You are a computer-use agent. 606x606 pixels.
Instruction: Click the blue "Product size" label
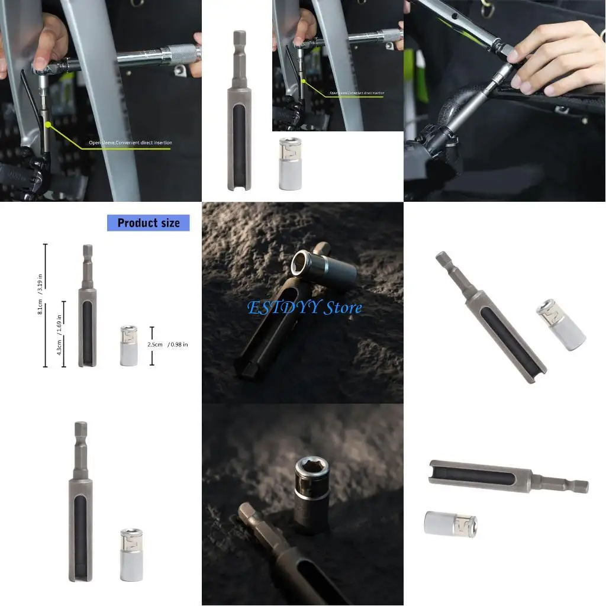pos(148,223)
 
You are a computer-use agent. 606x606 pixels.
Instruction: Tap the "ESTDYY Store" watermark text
pos(304,307)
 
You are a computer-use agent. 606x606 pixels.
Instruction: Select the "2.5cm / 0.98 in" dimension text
pos(168,344)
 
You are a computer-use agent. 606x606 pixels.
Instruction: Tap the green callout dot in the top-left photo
pos(47,125)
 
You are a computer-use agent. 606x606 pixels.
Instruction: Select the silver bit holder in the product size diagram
pos(128,345)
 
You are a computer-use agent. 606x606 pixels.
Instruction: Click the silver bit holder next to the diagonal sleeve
pos(560,324)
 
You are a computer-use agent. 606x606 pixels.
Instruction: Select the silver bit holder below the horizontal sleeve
pos(450,524)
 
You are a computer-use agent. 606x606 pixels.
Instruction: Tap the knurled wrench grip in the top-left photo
pos(175,54)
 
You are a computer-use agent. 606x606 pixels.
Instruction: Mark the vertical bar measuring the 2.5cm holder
pos(152,345)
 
